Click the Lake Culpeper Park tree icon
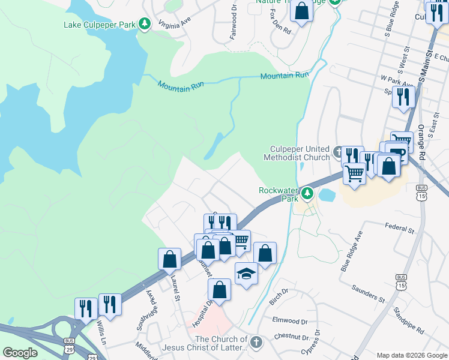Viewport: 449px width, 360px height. click(144, 25)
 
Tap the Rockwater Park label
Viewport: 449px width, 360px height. click(279, 194)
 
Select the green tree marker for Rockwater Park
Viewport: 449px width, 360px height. click(307, 193)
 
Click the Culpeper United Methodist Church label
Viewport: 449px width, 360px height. click(297, 153)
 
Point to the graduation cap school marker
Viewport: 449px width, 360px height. click(246, 274)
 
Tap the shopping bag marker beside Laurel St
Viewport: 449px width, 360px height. click(170, 259)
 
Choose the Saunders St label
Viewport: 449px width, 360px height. click(369, 293)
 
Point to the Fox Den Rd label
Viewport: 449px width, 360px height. click(280, 22)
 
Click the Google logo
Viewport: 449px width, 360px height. click(20, 353)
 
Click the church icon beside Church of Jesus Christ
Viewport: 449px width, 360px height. click(256, 343)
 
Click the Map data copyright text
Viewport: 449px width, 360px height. click(411, 355)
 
